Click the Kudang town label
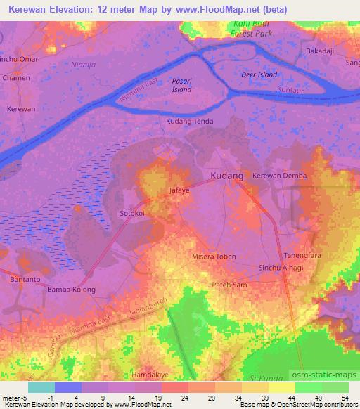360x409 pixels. [x=227, y=175]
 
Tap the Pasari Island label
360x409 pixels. [x=182, y=85]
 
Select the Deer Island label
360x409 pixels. [x=259, y=74]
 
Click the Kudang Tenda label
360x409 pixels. [x=189, y=122]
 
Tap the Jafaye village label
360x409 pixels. [x=181, y=190]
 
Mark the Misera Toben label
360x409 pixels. [x=214, y=257]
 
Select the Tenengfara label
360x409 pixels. [x=302, y=254]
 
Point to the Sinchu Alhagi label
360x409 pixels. [x=281, y=268]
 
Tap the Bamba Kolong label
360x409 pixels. [x=71, y=290]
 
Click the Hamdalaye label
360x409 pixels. [x=152, y=376]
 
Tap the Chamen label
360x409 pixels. [x=16, y=78]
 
